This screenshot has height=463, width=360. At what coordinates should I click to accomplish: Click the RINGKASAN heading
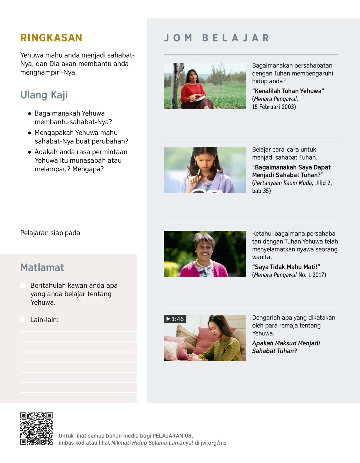51,38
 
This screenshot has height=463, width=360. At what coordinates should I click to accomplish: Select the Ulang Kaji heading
44,95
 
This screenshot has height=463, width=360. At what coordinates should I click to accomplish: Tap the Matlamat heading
42,267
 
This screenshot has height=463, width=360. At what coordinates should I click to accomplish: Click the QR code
36,428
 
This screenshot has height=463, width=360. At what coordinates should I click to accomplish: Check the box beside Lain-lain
23,320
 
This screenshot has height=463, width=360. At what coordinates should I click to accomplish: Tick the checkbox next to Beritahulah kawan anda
23,285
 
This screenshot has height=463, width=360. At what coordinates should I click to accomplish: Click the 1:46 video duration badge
175,319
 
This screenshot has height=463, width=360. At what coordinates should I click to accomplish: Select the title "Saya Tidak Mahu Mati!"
286,267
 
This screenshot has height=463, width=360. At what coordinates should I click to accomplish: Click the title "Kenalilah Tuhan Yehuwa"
288,91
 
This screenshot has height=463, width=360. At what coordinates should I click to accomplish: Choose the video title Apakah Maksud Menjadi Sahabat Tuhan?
286,347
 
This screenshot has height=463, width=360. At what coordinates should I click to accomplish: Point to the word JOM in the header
178,38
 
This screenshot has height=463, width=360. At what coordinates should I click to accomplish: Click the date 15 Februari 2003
274,107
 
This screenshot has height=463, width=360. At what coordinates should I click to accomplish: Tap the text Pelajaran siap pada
50,233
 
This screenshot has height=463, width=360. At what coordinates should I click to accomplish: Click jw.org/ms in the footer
213,443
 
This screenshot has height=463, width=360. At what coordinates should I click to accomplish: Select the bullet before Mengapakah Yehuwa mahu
29,133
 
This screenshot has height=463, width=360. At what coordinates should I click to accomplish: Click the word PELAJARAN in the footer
168,436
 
